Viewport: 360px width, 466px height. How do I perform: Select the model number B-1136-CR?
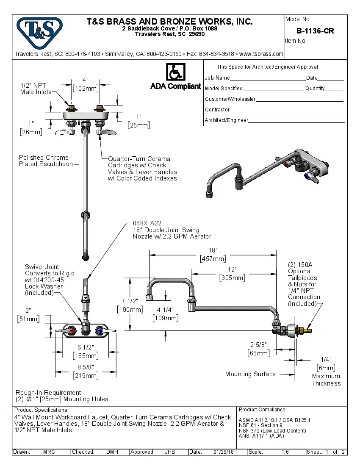[315, 31]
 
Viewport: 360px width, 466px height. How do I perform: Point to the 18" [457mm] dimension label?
[213, 255]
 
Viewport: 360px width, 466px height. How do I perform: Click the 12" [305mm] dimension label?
[232, 274]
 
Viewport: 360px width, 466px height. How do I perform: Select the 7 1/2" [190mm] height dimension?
[130, 305]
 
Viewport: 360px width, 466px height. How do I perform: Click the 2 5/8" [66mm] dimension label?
[258, 349]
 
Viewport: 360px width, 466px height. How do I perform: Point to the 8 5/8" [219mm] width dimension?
[86, 372]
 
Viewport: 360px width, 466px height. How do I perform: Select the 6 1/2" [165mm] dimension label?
[86, 351]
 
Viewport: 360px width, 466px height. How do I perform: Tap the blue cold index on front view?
[99, 330]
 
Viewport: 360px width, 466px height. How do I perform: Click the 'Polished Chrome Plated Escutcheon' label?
[46, 161]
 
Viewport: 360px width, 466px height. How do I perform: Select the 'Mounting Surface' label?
[250, 374]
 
